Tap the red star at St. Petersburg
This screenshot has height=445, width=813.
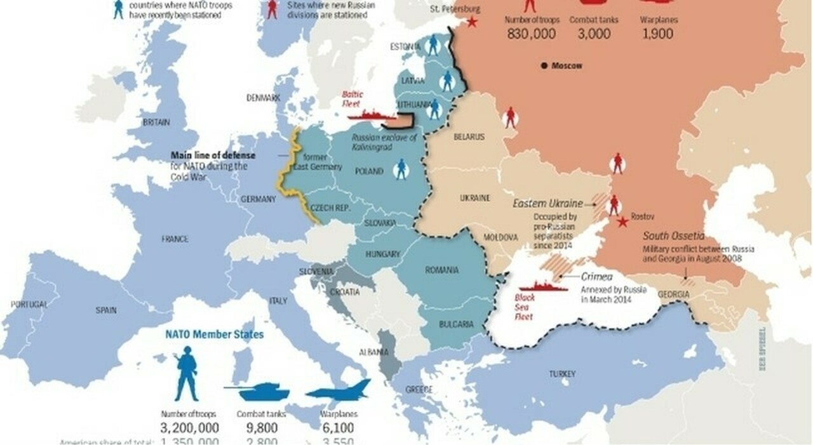[472, 22]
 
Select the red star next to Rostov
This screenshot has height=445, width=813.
[623, 222]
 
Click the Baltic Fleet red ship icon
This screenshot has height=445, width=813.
[372, 116]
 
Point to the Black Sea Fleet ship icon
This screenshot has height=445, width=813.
[543, 286]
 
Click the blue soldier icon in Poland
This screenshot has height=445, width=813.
[400, 169]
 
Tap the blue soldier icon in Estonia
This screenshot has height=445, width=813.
[433, 44]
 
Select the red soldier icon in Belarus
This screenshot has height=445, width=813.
[509, 117]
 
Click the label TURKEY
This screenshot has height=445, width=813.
[562, 374]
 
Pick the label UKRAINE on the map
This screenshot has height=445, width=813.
[474, 198]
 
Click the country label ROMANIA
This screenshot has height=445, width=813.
[441, 270]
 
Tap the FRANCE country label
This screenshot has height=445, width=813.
[175, 239]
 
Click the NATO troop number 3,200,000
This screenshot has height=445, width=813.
[190, 428]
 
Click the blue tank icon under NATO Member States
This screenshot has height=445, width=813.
[257, 392]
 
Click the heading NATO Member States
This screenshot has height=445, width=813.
[214, 334]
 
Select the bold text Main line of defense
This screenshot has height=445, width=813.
[213, 156]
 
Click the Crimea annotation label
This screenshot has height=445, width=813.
[597, 277]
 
